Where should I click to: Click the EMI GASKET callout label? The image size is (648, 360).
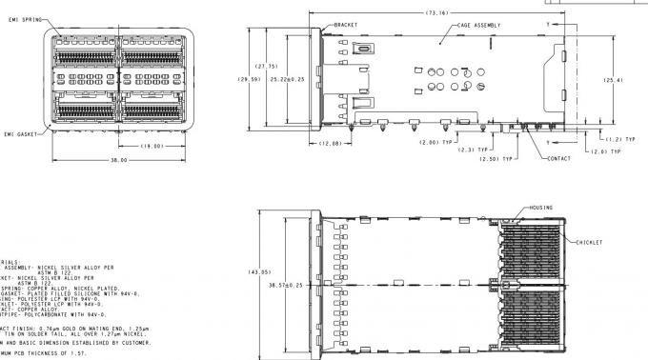(19, 134)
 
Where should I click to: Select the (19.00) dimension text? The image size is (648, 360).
(153, 146)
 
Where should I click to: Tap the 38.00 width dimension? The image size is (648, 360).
(119, 161)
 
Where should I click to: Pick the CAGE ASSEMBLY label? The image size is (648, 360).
(478, 25)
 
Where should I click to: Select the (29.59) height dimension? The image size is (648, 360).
(249, 80)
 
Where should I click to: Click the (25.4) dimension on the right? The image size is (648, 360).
(613, 80)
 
